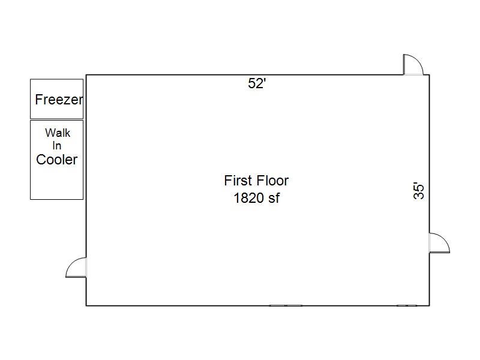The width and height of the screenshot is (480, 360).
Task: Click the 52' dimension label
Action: pyautogui.click(x=257, y=83)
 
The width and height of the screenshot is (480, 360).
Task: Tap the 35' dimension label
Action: pyautogui.click(x=418, y=191)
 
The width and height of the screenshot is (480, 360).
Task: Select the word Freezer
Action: pyautogui.click(x=59, y=100)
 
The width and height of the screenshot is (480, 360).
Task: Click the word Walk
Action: pyautogui.click(x=58, y=133)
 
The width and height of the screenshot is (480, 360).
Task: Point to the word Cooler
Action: pyautogui.click(x=57, y=160)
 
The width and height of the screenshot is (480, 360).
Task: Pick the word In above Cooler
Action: pyautogui.click(x=57, y=146)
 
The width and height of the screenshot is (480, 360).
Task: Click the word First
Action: pyautogui.click(x=237, y=181)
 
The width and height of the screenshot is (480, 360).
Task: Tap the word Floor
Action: pyautogui.click(x=272, y=181)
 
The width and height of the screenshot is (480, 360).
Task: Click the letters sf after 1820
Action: pyautogui.click(x=274, y=198)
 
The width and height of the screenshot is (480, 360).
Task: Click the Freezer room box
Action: pyautogui.click(x=56, y=99)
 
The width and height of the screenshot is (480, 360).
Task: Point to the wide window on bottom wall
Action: pyautogui.click(x=286, y=305)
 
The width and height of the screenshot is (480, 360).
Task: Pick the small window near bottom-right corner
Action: pyautogui.click(x=407, y=305)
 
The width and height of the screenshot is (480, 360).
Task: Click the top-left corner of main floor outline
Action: pyautogui.click(x=86, y=74)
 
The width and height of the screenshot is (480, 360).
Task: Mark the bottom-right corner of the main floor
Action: pyautogui.click(x=430, y=305)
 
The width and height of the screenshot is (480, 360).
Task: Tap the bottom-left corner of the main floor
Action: pyautogui.click(x=86, y=305)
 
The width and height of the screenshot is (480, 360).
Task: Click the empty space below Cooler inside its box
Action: pyautogui.click(x=56, y=183)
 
